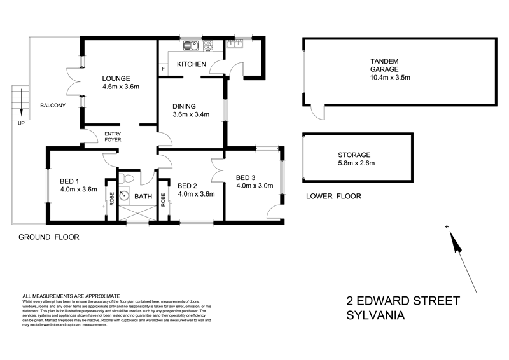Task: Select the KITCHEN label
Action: pos(191,64)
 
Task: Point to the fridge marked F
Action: pos(163,68)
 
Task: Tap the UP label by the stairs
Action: pos(21,123)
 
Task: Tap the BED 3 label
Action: pos(246,177)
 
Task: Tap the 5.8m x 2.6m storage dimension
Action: pos(356,163)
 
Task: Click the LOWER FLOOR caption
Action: pos(333,197)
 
